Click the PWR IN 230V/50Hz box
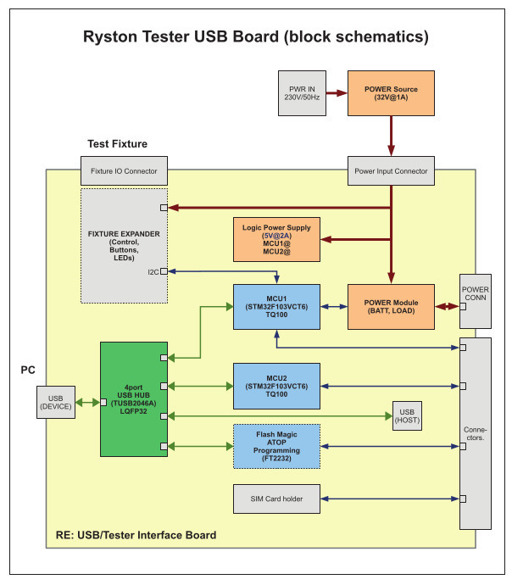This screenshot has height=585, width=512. tap(302, 93)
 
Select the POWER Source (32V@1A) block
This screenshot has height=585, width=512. tap(391, 93)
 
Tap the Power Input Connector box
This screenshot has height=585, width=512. tap(391, 171)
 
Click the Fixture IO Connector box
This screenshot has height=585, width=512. tap(124, 171)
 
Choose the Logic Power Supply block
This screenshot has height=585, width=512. tap(275, 239)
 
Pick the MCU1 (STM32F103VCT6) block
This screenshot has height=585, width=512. tap(276, 308)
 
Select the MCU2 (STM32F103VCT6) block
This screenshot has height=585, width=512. tap(276, 387)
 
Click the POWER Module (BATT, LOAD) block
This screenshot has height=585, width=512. tap(391, 308)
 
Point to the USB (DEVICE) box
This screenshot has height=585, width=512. tap(57, 403)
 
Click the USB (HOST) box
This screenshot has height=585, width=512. tap(407, 415)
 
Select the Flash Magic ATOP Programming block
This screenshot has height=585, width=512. tap(276, 445)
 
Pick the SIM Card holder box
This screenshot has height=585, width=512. tap(276, 499)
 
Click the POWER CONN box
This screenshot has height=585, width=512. tap(475, 301)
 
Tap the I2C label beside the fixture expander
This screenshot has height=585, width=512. tap(153, 272)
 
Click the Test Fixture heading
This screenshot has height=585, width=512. tap(117, 144)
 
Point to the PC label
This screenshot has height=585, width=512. tap(28, 370)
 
